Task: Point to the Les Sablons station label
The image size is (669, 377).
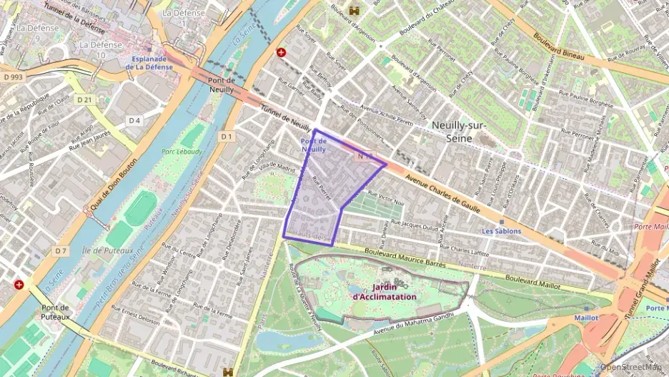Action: [x=501, y=231]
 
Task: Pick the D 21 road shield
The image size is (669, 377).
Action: [x=85, y=99]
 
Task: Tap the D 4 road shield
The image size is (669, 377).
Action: [x=134, y=120]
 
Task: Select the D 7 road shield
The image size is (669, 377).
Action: [x=60, y=251]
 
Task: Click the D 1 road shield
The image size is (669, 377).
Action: [x=227, y=136]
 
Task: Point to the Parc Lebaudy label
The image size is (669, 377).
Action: [x=182, y=152]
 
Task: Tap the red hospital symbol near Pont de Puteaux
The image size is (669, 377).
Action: [x=19, y=284]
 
